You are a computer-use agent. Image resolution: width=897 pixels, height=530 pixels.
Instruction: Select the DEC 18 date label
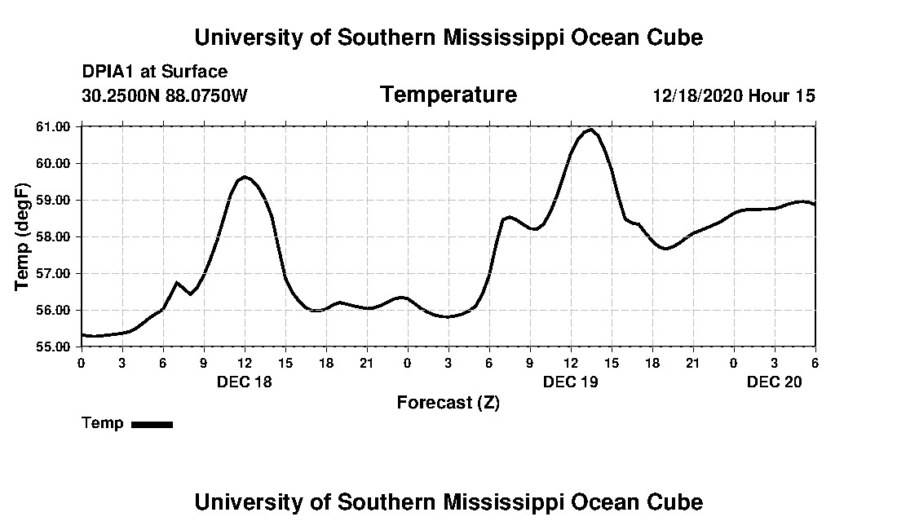(x=245, y=382)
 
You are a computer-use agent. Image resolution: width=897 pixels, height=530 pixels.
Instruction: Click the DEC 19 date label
(x=571, y=382)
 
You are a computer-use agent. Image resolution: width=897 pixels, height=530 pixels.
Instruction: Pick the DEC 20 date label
(x=775, y=382)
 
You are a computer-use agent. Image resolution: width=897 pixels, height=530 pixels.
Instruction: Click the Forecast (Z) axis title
(x=448, y=403)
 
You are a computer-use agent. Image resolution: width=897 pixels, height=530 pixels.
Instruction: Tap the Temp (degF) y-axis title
(x=23, y=236)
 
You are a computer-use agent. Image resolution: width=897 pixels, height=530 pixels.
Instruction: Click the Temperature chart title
(x=448, y=95)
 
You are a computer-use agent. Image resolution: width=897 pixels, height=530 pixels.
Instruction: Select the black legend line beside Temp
(x=152, y=424)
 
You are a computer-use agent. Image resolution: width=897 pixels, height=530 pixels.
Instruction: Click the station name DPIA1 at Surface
(x=154, y=72)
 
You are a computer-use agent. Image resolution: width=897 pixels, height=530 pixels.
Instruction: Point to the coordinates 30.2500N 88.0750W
(x=164, y=95)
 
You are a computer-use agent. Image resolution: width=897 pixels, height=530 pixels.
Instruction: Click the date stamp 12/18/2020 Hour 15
(x=733, y=95)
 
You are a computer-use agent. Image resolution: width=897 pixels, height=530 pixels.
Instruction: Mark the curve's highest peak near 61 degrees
(x=590, y=130)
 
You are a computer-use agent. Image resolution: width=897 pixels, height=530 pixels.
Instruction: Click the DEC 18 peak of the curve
(x=245, y=177)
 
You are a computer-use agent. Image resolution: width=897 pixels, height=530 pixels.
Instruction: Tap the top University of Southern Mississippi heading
(x=448, y=38)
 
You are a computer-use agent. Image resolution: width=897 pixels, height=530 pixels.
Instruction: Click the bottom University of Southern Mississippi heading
(x=448, y=502)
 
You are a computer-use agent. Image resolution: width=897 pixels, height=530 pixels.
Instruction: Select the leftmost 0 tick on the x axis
(x=81, y=362)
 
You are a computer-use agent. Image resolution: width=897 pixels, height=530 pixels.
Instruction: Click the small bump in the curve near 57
(x=177, y=283)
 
